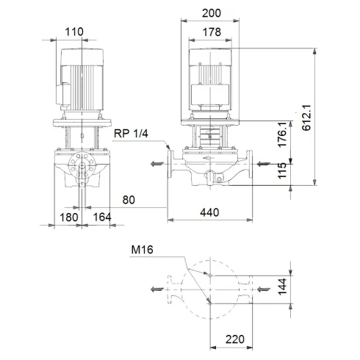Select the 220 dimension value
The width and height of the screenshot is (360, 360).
[x=234, y=341]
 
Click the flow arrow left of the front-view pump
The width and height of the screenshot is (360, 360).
[x=154, y=164]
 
